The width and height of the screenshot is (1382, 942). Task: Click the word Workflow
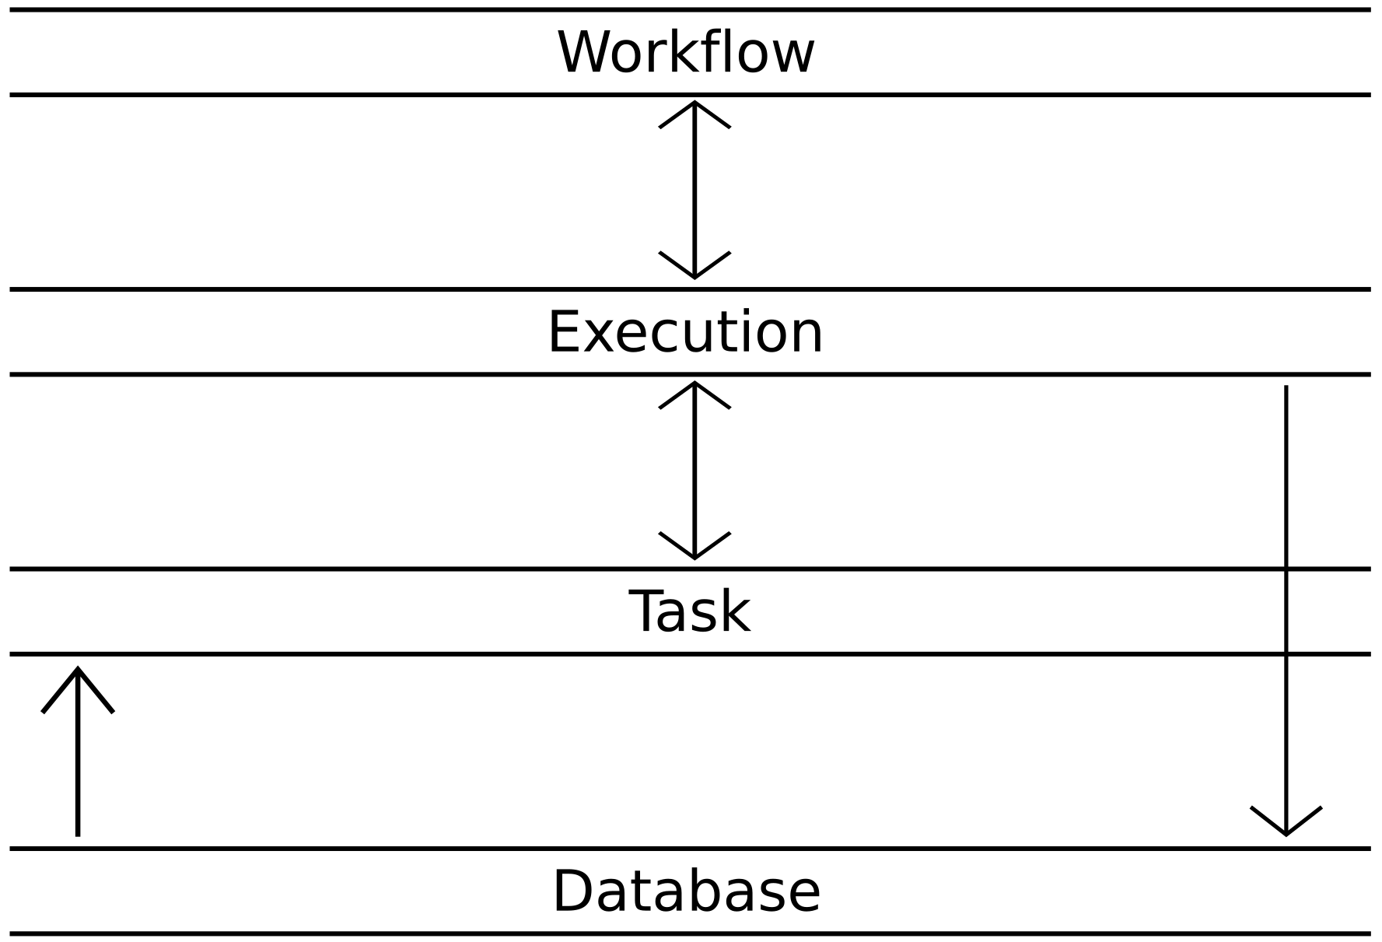click(x=686, y=53)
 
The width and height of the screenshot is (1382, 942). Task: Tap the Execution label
click(x=686, y=332)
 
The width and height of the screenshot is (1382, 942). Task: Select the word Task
click(x=689, y=612)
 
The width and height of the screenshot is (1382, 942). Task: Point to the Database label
click(x=686, y=891)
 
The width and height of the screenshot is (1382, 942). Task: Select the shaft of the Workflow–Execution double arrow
click(x=694, y=190)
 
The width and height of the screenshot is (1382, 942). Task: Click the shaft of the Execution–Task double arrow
click(x=694, y=470)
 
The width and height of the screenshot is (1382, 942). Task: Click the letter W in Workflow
click(x=584, y=53)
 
